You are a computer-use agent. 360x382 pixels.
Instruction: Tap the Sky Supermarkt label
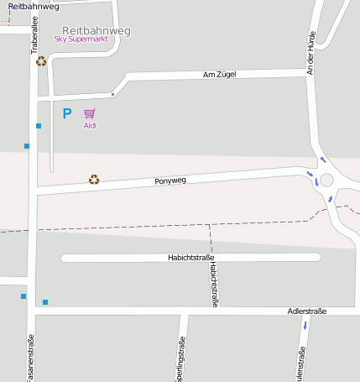(x=81, y=39)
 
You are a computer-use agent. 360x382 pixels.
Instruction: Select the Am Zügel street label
(x=220, y=75)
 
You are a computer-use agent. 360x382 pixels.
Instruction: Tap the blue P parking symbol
(x=67, y=113)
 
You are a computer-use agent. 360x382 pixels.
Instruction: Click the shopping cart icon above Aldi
(x=90, y=113)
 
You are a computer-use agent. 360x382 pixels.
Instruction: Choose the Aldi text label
(x=90, y=126)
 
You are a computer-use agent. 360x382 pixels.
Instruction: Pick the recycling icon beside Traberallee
(x=41, y=60)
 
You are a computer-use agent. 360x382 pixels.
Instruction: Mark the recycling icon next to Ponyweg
(x=95, y=179)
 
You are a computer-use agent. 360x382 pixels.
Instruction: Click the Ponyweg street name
(x=170, y=181)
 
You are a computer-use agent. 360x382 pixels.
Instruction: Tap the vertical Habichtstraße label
(x=214, y=285)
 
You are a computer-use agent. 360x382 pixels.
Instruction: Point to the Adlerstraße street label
(x=306, y=311)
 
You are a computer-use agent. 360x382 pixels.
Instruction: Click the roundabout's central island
(x=326, y=181)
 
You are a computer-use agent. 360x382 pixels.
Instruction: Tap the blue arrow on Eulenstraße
(x=305, y=325)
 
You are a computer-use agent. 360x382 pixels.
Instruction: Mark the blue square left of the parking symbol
(x=39, y=126)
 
